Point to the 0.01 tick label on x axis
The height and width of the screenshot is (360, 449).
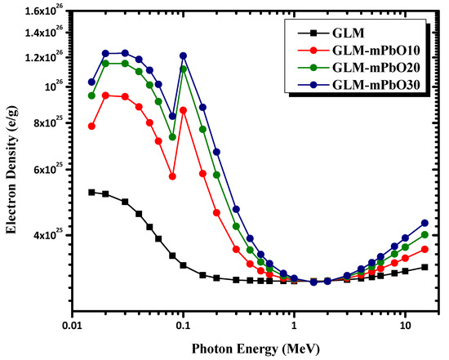71,324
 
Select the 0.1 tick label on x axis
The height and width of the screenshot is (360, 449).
183,324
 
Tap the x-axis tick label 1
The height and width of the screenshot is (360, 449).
294,324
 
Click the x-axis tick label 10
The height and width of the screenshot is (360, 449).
405,324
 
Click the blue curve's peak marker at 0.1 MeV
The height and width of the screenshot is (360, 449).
184,56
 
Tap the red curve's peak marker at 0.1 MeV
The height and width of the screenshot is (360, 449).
184,109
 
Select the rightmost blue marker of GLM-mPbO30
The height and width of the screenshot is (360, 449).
425,223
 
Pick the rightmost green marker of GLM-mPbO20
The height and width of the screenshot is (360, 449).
425,235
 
